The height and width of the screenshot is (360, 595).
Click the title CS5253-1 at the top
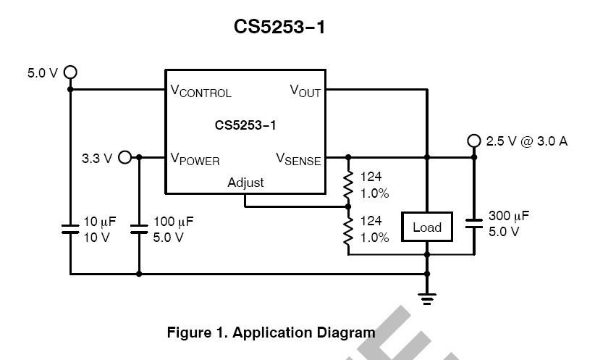click(x=279, y=27)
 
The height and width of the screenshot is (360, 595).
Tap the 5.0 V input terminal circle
click(x=70, y=72)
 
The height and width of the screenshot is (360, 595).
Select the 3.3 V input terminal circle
click(x=125, y=157)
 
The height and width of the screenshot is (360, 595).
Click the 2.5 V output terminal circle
click(x=474, y=141)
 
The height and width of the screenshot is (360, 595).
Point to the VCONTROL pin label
click(x=201, y=91)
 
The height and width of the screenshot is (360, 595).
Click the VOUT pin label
click(x=305, y=91)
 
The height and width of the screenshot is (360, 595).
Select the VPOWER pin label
click(x=195, y=159)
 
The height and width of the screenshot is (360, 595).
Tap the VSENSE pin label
click(x=298, y=159)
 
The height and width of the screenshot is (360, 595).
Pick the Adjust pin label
click(x=245, y=183)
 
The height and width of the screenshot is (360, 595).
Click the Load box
click(x=427, y=227)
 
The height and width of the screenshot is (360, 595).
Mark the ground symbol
click(x=427, y=298)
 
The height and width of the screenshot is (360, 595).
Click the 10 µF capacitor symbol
click(x=70, y=229)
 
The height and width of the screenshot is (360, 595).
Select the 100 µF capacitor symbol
click(x=139, y=229)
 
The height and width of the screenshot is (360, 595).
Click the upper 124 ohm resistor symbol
click(x=348, y=185)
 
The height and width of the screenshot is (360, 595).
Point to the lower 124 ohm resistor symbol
click(x=348, y=230)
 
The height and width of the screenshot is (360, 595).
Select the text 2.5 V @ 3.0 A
click(x=527, y=141)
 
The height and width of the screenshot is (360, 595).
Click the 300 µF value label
click(x=509, y=216)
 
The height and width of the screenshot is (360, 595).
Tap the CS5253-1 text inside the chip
click(x=245, y=125)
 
